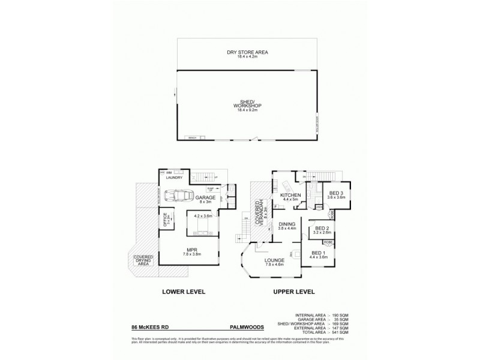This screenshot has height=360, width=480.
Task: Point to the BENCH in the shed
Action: point(193,138)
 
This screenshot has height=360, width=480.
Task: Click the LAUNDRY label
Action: point(174,178)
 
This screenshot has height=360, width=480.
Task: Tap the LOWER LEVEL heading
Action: point(184,292)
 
